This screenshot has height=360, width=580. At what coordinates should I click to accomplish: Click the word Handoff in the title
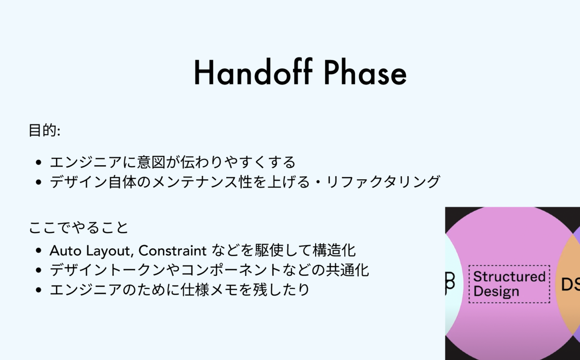click(253, 72)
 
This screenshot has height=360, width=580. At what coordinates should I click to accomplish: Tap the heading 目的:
click(44, 130)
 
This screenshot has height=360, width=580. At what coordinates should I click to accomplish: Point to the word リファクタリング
click(383, 182)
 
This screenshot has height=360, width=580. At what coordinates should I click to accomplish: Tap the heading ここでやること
click(78, 228)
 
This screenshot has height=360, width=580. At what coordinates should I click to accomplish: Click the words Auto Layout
click(91, 251)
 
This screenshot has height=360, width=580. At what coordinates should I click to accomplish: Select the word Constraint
click(173, 250)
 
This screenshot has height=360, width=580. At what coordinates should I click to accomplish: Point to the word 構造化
click(334, 250)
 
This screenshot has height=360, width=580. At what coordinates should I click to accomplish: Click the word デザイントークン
click(107, 270)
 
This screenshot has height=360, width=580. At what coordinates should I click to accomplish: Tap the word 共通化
click(347, 270)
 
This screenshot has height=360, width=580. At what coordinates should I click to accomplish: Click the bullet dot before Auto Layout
click(39, 250)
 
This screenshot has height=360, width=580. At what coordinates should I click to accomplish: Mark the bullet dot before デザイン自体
click(39, 182)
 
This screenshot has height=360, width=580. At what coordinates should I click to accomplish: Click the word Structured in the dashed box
click(509, 276)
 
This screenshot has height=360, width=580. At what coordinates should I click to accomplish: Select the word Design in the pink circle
click(496, 292)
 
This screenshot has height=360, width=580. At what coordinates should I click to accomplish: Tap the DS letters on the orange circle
click(570, 285)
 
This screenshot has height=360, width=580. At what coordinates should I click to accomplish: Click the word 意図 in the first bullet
click(151, 162)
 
